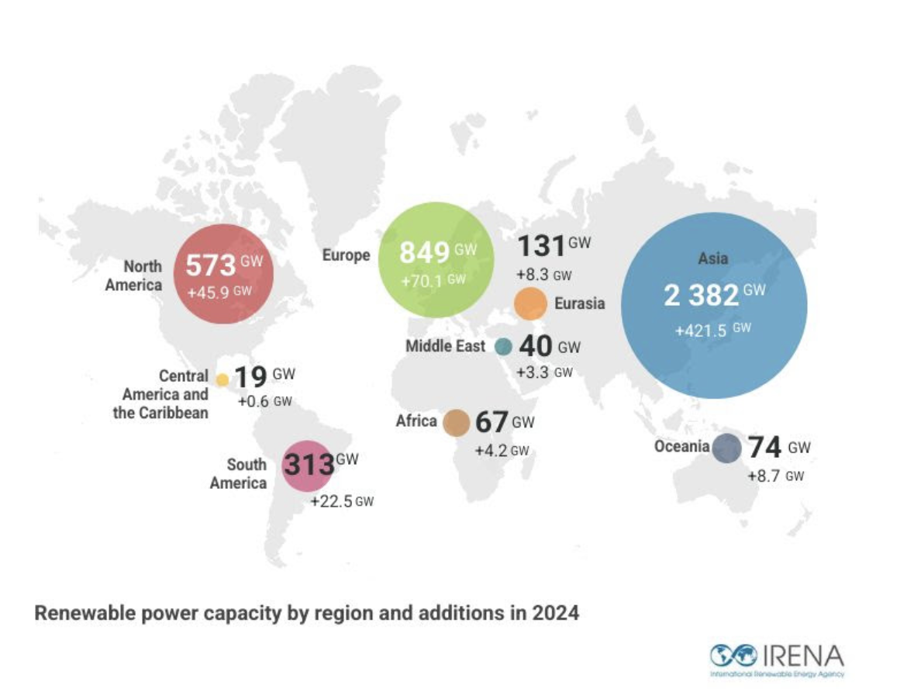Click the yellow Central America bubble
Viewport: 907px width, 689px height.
pyautogui.click(x=222, y=380)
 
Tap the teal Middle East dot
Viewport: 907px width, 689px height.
pyautogui.click(x=503, y=347)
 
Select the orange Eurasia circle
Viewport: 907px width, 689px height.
pyautogui.click(x=531, y=303)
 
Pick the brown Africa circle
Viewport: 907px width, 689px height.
pyautogui.click(x=457, y=422)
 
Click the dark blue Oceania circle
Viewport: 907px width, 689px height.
pyautogui.click(x=727, y=448)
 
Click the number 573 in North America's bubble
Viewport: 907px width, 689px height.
pyautogui.click(x=210, y=265)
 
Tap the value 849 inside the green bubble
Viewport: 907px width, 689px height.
pyautogui.click(x=424, y=253)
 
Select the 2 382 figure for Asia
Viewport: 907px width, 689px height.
pyautogui.click(x=702, y=296)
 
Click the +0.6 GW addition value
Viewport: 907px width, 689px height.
pyautogui.click(x=264, y=402)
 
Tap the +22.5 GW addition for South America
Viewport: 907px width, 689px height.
pyautogui.click(x=341, y=502)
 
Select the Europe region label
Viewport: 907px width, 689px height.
pyautogui.click(x=347, y=254)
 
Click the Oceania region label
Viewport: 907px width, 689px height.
pyautogui.click(x=681, y=446)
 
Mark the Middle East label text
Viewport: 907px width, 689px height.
pyautogui.click(x=445, y=346)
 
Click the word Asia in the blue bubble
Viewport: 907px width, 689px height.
pyautogui.click(x=713, y=258)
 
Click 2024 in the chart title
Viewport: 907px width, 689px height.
pyautogui.click(x=556, y=613)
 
